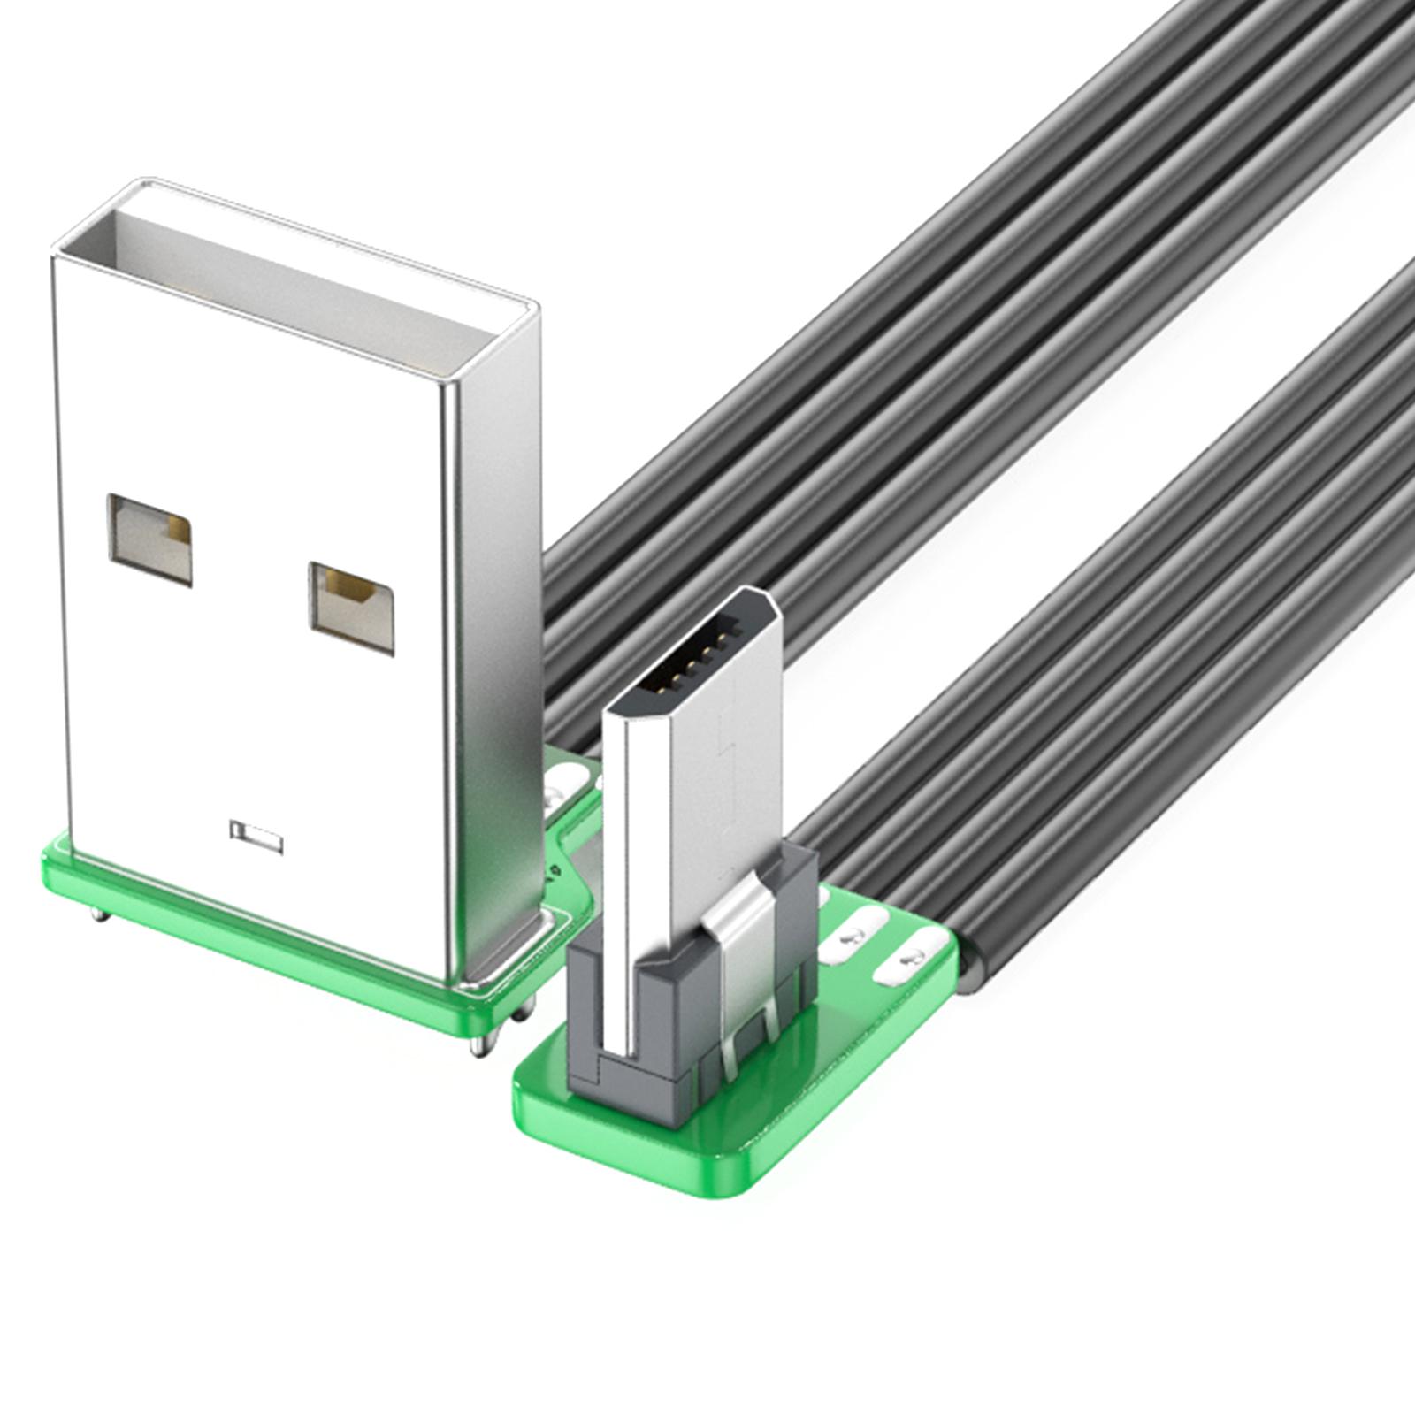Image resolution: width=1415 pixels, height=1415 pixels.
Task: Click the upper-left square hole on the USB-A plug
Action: point(149,539)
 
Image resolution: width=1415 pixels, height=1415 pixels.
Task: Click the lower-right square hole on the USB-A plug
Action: point(351,607)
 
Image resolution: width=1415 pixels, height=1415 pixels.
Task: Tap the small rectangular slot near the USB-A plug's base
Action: point(256,836)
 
